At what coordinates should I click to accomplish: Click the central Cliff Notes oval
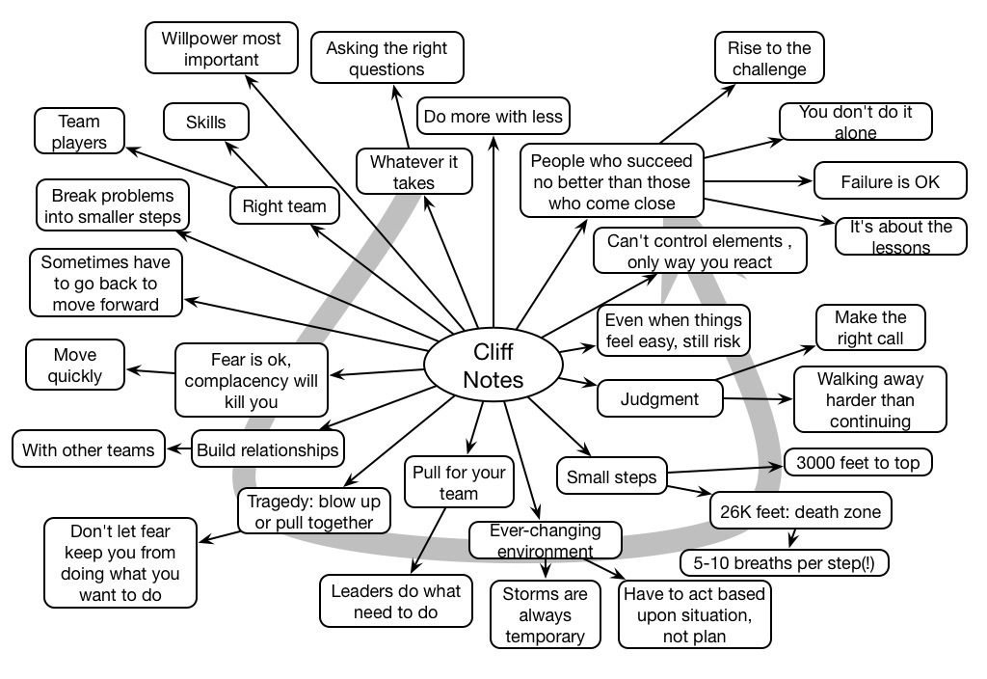pyautogui.click(x=493, y=366)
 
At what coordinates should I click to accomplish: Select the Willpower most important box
pyautogui.click(x=222, y=49)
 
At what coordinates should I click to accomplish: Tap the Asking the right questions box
pyautogui.click(x=387, y=58)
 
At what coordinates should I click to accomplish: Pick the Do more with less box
pyautogui.click(x=493, y=117)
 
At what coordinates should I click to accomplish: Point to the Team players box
pyautogui.click(x=79, y=132)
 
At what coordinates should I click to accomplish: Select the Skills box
pyautogui.click(x=206, y=122)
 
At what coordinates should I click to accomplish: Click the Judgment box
pyautogui.click(x=659, y=397)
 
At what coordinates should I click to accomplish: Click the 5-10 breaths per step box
pyautogui.click(x=784, y=561)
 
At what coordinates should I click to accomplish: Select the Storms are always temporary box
pyautogui.click(x=545, y=615)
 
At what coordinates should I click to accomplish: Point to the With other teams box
pyautogui.click(x=88, y=450)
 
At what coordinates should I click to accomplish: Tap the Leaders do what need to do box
pyautogui.click(x=396, y=601)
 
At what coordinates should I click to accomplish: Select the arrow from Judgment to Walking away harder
pyautogui.click(x=758, y=398)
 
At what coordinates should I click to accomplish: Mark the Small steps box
pyautogui.click(x=611, y=476)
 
